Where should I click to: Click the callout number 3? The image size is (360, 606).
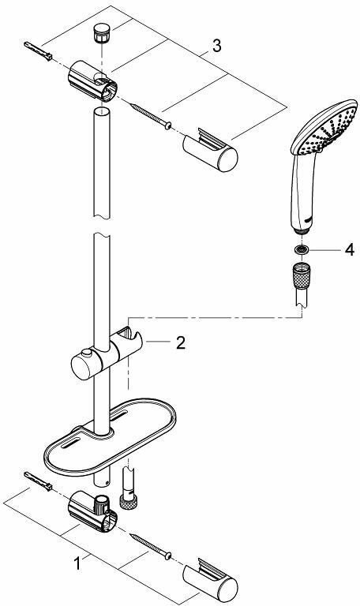(216, 46)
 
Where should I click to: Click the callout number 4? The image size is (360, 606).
(349, 250)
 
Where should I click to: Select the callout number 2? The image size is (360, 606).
(180, 342)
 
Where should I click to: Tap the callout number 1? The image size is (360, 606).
(77, 563)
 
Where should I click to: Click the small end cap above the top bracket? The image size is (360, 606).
(100, 33)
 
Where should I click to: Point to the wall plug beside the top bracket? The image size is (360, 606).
(38, 50)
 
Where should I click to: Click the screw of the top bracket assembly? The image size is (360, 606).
(152, 115)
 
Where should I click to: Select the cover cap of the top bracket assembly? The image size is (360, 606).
(210, 150)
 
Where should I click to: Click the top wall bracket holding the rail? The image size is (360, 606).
(92, 80)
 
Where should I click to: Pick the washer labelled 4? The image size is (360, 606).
(302, 249)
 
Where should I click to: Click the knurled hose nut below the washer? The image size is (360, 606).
(302, 273)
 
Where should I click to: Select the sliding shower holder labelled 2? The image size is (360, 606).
(107, 353)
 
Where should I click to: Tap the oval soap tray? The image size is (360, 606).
(110, 436)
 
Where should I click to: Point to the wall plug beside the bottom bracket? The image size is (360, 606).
(38, 481)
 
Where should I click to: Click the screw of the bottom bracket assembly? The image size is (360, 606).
(152, 546)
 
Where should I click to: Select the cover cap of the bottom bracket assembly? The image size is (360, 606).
(210, 580)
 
